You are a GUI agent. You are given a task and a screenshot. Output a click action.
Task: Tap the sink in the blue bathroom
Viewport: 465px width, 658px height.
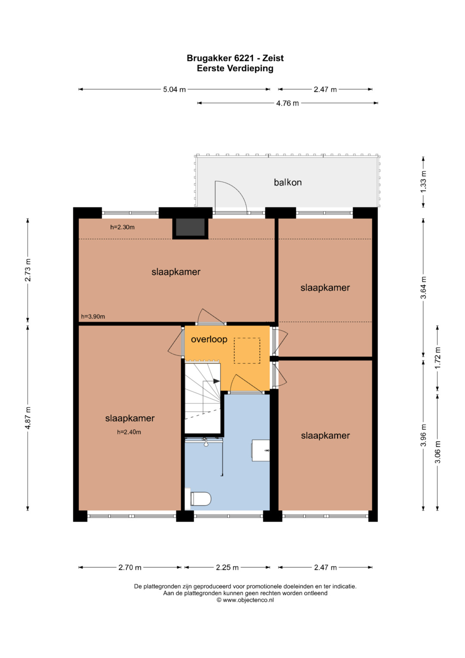tap(260, 450)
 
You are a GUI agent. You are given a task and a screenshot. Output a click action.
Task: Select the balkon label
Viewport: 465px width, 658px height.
tap(288, 182)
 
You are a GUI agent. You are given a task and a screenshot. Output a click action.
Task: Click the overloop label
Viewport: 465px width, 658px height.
tap(209, 339)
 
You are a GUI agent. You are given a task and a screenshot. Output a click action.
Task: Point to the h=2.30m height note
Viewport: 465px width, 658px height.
tap(122, 227)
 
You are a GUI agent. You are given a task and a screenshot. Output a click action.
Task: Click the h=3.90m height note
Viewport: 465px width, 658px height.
tap(93, 316)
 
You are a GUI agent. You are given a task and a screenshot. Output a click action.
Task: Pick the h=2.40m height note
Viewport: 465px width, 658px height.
tap(129, 432)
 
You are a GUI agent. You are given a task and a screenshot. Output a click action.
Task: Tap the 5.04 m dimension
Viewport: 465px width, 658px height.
tap(174, 89)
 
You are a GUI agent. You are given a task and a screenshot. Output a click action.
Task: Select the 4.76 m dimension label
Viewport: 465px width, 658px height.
tap(288, 103)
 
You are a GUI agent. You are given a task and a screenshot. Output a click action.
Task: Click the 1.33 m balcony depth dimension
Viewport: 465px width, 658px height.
tap(423, 182)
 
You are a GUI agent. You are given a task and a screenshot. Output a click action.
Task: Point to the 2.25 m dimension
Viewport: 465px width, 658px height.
tap(227, 567)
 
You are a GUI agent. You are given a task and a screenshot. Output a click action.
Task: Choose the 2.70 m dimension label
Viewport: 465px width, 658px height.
tap(130, 567)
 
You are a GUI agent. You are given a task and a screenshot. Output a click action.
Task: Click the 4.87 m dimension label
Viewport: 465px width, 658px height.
tap(28, 418)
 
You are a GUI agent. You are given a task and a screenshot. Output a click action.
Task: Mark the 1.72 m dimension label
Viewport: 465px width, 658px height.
tap(438, 358)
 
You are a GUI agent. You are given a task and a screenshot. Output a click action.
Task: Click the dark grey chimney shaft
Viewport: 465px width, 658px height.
tap(190, 227)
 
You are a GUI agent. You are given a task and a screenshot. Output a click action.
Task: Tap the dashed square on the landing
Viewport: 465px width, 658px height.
tap(247, 350)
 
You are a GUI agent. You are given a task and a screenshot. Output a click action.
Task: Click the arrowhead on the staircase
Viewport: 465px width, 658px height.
tap(217, 381)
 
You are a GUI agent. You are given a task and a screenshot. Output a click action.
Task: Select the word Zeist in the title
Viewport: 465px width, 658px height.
tap(273, 58)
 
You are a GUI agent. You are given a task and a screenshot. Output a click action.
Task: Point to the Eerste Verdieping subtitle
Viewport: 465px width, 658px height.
tap(235, 69)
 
